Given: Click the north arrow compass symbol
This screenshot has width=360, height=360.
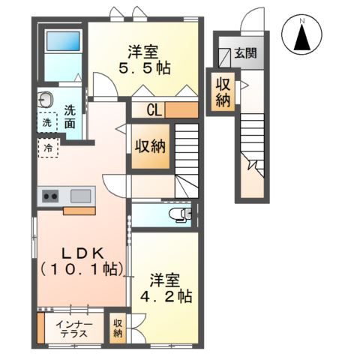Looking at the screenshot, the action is (x=302, y=34).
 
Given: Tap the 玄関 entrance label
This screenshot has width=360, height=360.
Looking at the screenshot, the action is (x=245, y=53).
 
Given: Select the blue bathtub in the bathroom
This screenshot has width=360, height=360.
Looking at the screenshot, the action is (x=63, y=41).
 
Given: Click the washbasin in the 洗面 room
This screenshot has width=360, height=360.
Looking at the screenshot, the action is (x=46, y=100).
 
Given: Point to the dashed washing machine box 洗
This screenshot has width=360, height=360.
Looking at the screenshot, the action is (x=47, y=122).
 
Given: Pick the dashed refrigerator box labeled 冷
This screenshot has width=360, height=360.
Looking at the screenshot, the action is (x=49, y=148).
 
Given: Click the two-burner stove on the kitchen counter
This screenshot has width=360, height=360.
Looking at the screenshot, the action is (x=50, y=196).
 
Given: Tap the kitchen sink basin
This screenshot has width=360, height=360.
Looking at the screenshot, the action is (x=81, y=196).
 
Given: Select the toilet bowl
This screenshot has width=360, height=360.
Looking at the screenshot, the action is (x=180, y=214).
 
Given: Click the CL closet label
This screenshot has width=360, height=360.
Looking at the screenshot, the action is (x=154, y=109).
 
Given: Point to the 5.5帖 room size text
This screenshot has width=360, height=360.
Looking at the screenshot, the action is (x=145, y=67).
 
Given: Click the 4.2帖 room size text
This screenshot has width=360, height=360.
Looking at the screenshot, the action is (x=166, y=296).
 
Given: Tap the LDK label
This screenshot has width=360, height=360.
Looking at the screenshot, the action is (x=82, y=254).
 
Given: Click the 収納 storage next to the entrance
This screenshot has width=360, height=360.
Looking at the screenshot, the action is (x=223, y=92).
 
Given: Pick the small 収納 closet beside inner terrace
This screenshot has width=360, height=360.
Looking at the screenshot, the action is (x=118, y=328).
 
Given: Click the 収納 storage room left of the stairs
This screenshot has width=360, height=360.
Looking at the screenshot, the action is (x=151, y=146).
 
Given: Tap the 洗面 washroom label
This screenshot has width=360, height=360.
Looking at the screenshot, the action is (x=70, y=117).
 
